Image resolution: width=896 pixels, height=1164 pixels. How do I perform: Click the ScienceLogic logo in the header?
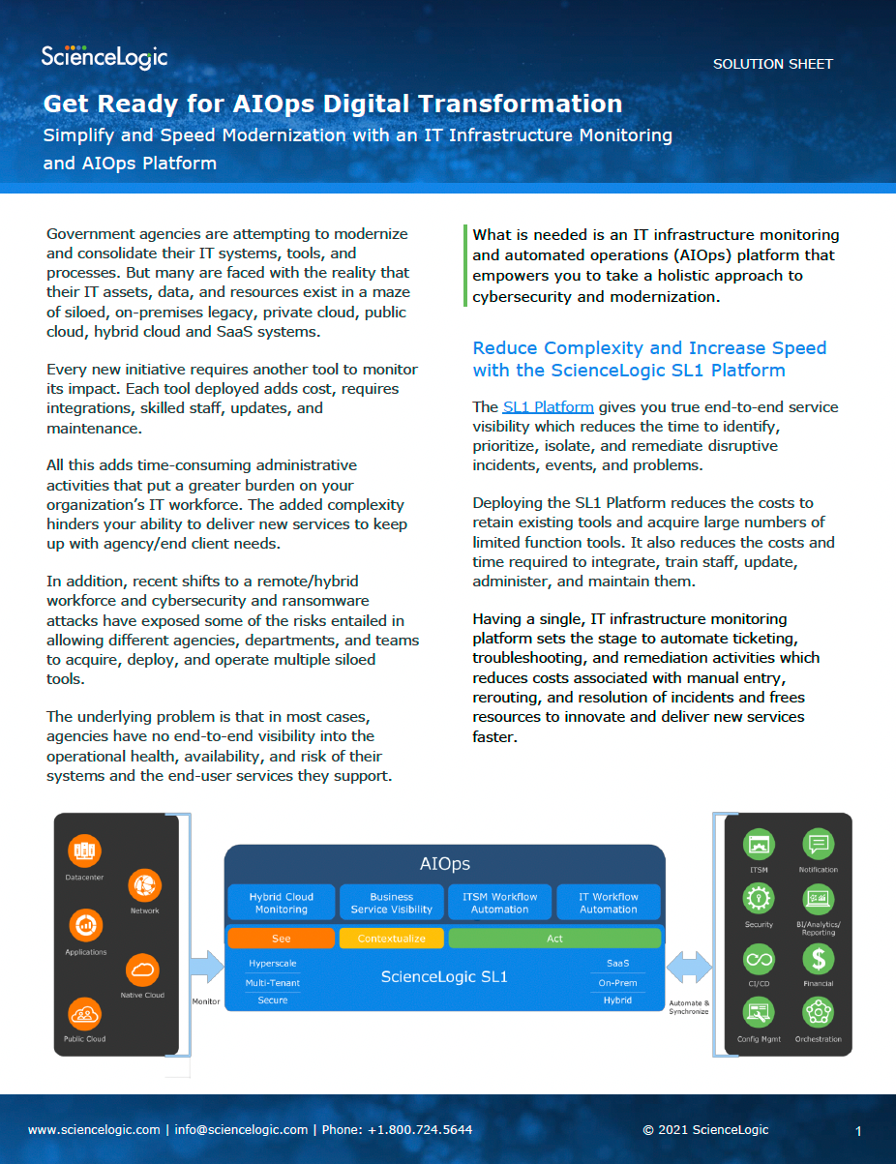(x=105, y=58)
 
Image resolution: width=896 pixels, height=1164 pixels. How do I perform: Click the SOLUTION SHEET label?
(x=772, y=64)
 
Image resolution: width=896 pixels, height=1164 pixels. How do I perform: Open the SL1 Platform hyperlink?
(x=548, y=407)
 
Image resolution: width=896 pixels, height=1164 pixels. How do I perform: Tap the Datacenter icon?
(x=85, y=851)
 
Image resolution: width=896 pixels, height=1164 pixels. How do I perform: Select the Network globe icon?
(x=144, y=884)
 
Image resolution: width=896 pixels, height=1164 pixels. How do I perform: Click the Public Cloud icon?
(x=85, y=1013)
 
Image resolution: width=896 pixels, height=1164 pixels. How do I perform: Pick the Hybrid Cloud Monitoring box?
(x=281, y=903)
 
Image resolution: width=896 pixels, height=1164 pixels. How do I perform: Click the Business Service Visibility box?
(x=391, y=903)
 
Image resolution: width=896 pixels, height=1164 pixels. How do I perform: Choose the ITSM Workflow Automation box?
(x=499, y=903)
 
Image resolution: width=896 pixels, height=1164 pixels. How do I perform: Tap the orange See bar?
(x=281, y=939)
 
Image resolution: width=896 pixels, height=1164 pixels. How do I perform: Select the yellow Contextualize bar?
(x=391, y=939)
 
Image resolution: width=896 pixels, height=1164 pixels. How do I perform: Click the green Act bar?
(x=554, y=939)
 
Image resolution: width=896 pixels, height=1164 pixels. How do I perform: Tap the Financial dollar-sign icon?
(x=819, y=959)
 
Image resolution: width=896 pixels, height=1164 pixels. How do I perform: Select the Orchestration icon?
(x=819, y=1013)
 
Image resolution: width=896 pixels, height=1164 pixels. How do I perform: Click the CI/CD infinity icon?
(x=759, y=959)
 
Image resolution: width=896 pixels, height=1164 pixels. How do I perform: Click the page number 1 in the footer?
(x=858, y=1131)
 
